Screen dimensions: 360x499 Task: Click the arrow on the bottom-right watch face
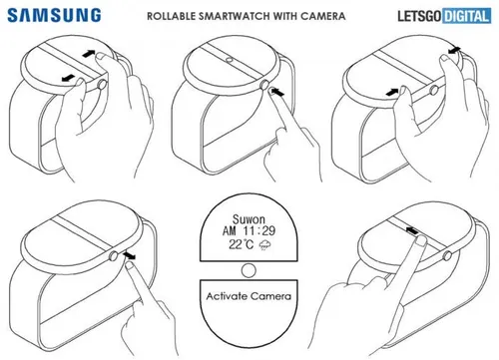pyautogui.click(x=409, y=229)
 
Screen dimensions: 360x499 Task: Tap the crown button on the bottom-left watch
pyautogui.click(x=113, y=256)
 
